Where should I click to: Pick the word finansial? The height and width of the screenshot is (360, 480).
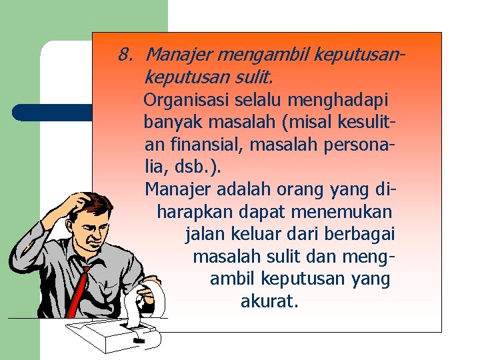point(205,143)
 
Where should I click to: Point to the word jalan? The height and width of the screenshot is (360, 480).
point(205,234)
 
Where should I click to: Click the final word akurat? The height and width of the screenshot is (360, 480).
point(269,301)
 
